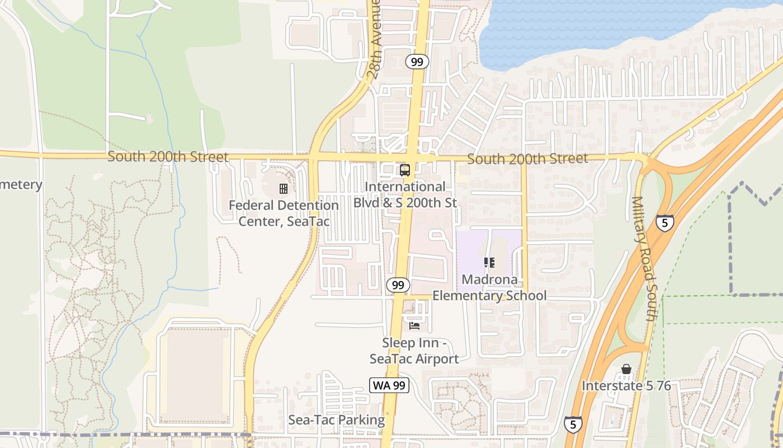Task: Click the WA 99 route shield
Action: tap(389, 385)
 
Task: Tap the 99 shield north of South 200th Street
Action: tap(417, 62)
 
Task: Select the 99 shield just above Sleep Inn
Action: tap(398, 285)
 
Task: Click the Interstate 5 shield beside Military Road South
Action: tap(665, 223)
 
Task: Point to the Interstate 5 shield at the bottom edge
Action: tap(573, 424)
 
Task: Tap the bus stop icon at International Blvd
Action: tap(404, 170)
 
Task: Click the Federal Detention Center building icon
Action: tap(284, 189)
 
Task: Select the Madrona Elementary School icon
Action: tap(489, 262)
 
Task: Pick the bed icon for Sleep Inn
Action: tap(414, 325)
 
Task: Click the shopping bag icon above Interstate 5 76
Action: tap(626, 370)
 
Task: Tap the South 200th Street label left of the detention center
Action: tap(168, 157)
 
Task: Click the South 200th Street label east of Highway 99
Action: tap(527, 159)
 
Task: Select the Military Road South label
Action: tap(644, 258)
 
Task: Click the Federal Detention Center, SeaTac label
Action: tap(284, 213)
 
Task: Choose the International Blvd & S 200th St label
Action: tap(405, 194)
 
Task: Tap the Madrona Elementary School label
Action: tap(489, 287)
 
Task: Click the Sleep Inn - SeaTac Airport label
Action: tap(414, 351)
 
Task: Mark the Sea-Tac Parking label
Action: tap(337, 420)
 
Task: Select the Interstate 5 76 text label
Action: tap(626, 386)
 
